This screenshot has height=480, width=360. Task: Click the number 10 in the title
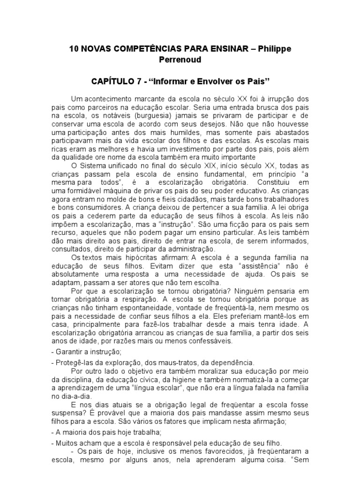tap(74, 49)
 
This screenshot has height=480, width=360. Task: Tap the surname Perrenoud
tap(180, 60)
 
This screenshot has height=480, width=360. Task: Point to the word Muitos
tap(65, 443)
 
